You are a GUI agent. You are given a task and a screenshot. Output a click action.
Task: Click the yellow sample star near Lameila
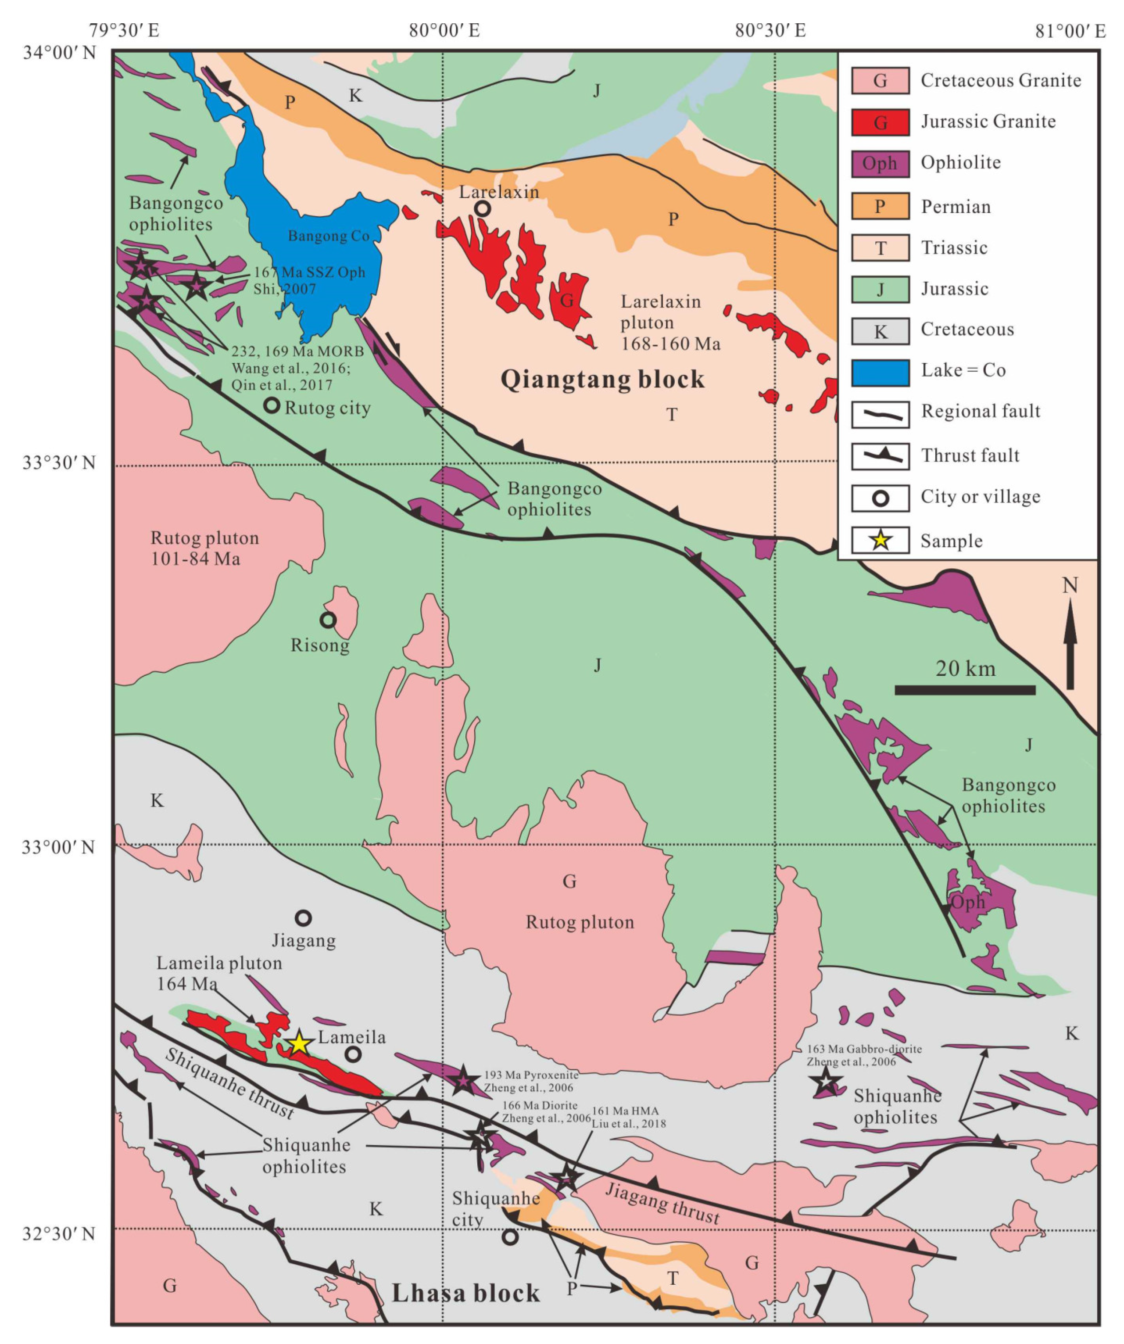click(x=299, y=1043)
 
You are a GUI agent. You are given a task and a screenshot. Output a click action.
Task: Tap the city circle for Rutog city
click(x=272, y=405)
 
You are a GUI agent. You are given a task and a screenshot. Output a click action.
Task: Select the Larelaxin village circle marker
click(x=483, y=208)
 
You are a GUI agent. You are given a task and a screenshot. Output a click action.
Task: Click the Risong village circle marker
click(x=328, y=620)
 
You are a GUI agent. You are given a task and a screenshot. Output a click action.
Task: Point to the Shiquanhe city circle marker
click(x=510, y=1237)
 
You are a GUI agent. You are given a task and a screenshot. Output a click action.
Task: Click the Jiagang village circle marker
click(x=303, y=918)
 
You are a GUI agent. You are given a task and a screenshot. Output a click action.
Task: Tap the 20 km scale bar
click(x=965, y=690)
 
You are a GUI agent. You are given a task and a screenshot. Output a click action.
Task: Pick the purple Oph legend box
click(x=880, y=163)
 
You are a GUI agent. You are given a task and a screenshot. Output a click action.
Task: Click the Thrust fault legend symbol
click(x=880, y=456)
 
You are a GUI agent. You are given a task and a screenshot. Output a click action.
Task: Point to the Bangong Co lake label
click(x=328, y=236)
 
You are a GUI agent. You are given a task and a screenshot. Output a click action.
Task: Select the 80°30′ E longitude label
click(x=770, y=30)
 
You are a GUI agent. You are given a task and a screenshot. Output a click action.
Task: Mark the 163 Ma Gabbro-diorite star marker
click(x=825, y=1081)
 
